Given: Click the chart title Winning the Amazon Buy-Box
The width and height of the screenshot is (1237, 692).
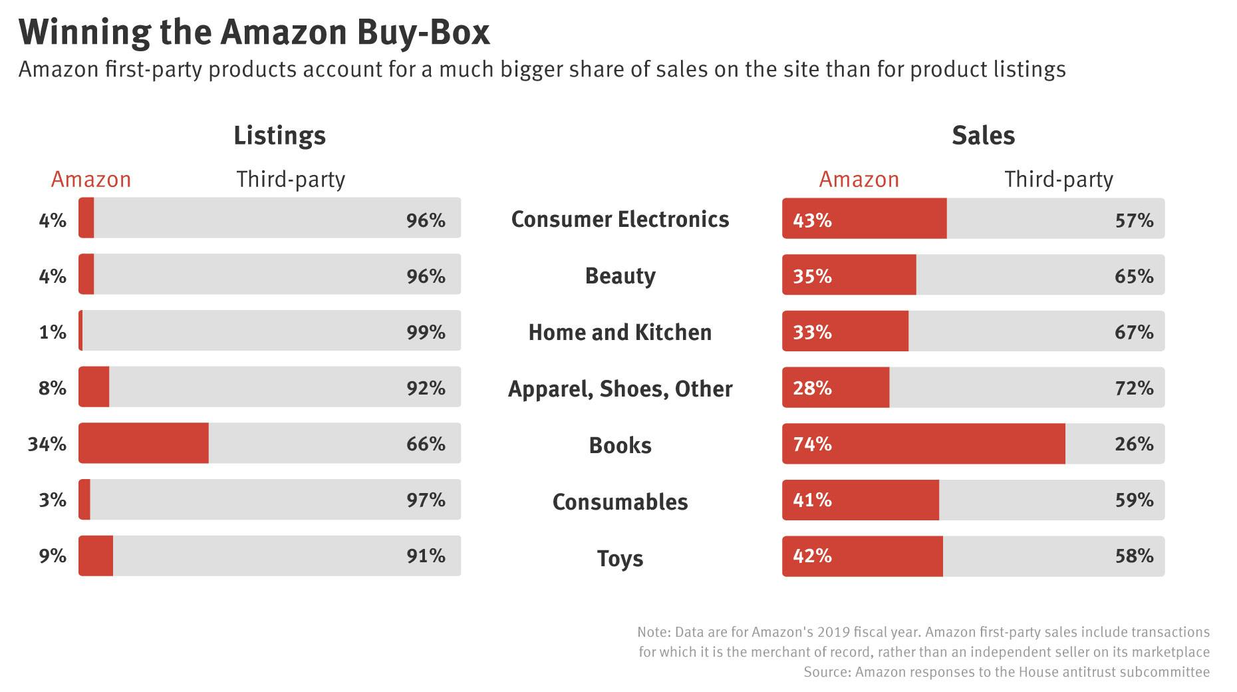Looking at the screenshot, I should [255, 33].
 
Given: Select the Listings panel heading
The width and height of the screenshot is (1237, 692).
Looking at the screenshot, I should [279, 136].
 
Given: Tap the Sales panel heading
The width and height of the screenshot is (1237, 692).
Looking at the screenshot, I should [983, 136].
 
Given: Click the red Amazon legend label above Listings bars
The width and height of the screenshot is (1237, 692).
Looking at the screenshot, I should [91, 180].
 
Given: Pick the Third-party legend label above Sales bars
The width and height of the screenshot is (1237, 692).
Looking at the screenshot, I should [1058, 180].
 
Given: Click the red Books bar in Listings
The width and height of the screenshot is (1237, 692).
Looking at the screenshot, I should [144, 443].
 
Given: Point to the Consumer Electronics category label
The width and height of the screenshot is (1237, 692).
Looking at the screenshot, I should [620, 220].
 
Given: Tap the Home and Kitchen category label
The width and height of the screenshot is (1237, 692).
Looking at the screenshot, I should [620, 333].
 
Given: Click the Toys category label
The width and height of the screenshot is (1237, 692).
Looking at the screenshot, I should [620, 558].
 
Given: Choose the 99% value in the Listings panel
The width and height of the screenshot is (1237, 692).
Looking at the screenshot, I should [426, 332].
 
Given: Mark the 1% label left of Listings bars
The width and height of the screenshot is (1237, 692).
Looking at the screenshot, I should [53, 332].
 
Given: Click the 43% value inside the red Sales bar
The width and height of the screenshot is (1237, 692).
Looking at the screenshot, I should [812, 220].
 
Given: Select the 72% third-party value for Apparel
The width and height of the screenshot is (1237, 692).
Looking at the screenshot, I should [1134, 388].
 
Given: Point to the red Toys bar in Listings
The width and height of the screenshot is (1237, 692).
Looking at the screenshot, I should [96, 556].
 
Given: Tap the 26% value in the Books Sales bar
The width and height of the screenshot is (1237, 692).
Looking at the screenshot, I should [1134, 444].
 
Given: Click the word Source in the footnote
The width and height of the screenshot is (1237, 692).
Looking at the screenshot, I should [826, 672].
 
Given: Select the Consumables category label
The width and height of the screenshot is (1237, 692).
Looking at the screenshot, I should [620, 502].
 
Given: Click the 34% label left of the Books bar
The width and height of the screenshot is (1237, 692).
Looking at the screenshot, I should [47, 444].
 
